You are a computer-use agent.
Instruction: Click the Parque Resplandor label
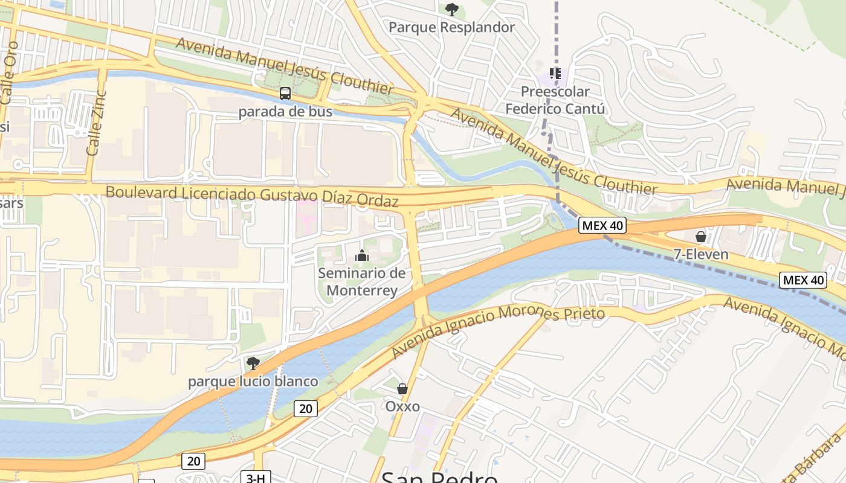451,27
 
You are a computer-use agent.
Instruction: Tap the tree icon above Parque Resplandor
451,10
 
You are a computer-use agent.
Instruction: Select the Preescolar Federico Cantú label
555,101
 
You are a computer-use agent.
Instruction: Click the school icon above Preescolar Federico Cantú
555,74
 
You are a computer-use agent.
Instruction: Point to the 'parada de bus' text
285,112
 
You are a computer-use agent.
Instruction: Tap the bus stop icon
285,94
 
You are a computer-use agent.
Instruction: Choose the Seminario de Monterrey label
361,281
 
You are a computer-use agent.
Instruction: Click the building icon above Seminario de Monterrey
362,256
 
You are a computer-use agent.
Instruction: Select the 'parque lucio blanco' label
253,382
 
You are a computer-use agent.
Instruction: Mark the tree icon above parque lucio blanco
253,363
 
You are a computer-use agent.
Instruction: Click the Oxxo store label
402,406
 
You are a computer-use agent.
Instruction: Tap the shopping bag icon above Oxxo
402,389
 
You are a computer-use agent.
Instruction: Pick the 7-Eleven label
701,254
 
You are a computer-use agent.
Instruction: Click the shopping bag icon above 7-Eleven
701,237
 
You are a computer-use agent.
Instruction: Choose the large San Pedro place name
439,477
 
